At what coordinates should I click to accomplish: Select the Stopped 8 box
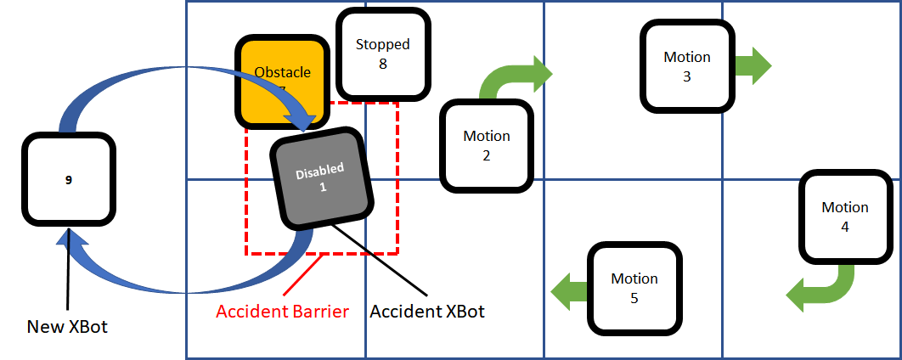coord(382,53)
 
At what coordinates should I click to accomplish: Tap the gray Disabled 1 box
coord(322,178)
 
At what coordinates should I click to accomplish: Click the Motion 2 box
coord(486,145)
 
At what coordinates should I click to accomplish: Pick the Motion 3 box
coord(686,66)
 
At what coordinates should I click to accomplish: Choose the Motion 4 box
coord(844,217)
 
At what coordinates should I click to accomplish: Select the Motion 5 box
coord(634,287)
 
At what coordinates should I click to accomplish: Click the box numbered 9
coord(69,179)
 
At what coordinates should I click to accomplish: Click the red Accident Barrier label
coord(282,312)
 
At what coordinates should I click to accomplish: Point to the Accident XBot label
coord(427,312)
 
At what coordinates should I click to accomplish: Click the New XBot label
coord(68,327)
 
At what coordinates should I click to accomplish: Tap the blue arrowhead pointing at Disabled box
coord(301,118)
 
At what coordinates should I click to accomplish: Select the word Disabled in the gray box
coord(319,171)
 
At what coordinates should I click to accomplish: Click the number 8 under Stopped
coord(382,63)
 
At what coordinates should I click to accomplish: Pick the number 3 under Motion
coord(686,76)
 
